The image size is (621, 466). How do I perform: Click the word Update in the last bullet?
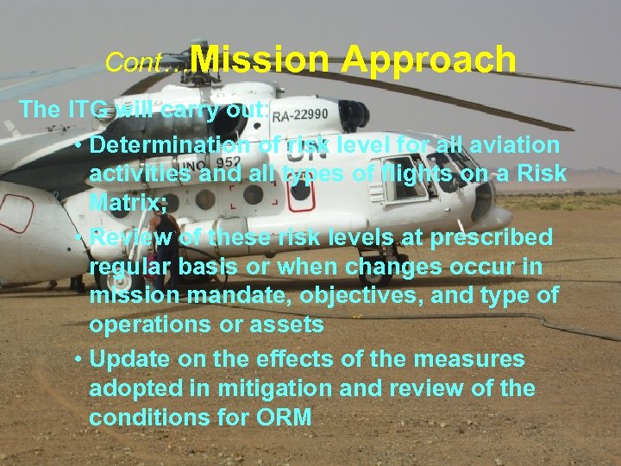(x=130, y=358)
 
